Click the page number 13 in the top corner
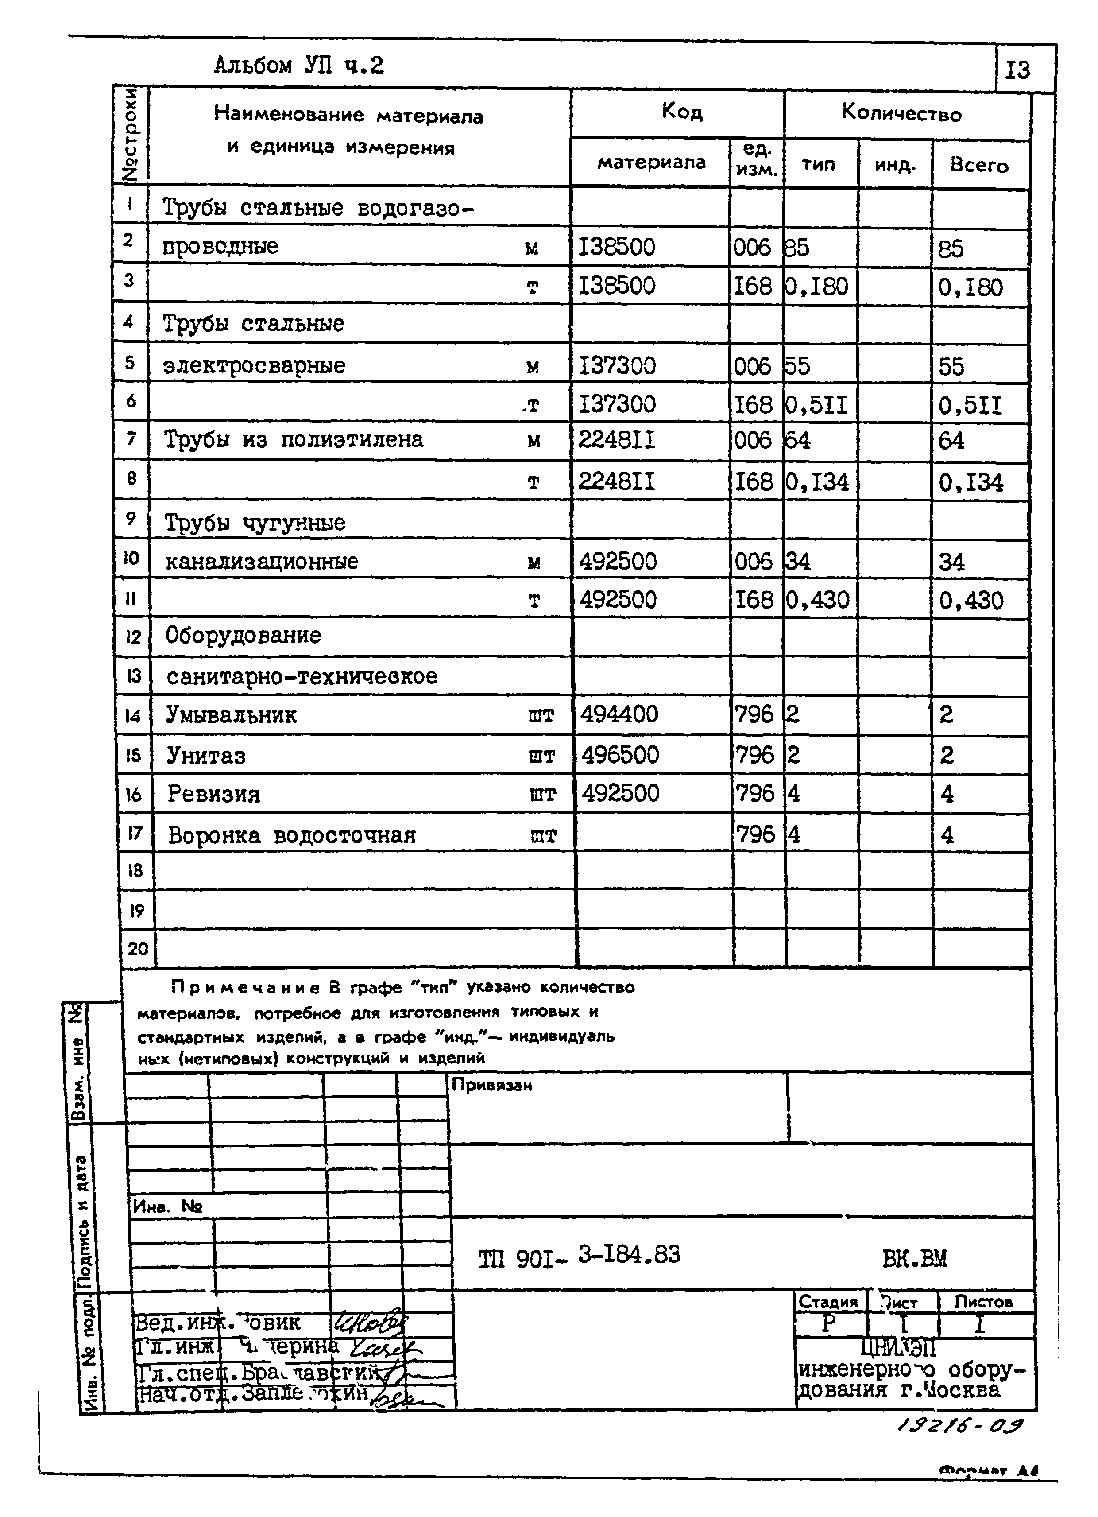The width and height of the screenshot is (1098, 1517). coord(1017,70)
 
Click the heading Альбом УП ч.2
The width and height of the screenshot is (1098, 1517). coord(299,66)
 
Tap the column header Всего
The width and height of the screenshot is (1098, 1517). coord(979,165)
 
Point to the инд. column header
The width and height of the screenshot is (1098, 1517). coord(894,164)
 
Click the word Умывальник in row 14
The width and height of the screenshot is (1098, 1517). coord(232,715)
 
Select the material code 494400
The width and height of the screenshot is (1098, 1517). coord(619,714)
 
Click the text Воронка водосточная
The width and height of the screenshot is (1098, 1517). coord(292,835)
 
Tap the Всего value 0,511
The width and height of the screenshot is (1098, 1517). coord(970,405)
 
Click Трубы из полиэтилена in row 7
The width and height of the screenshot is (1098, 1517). coord(294,439)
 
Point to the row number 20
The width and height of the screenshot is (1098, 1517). coord(138,948)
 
